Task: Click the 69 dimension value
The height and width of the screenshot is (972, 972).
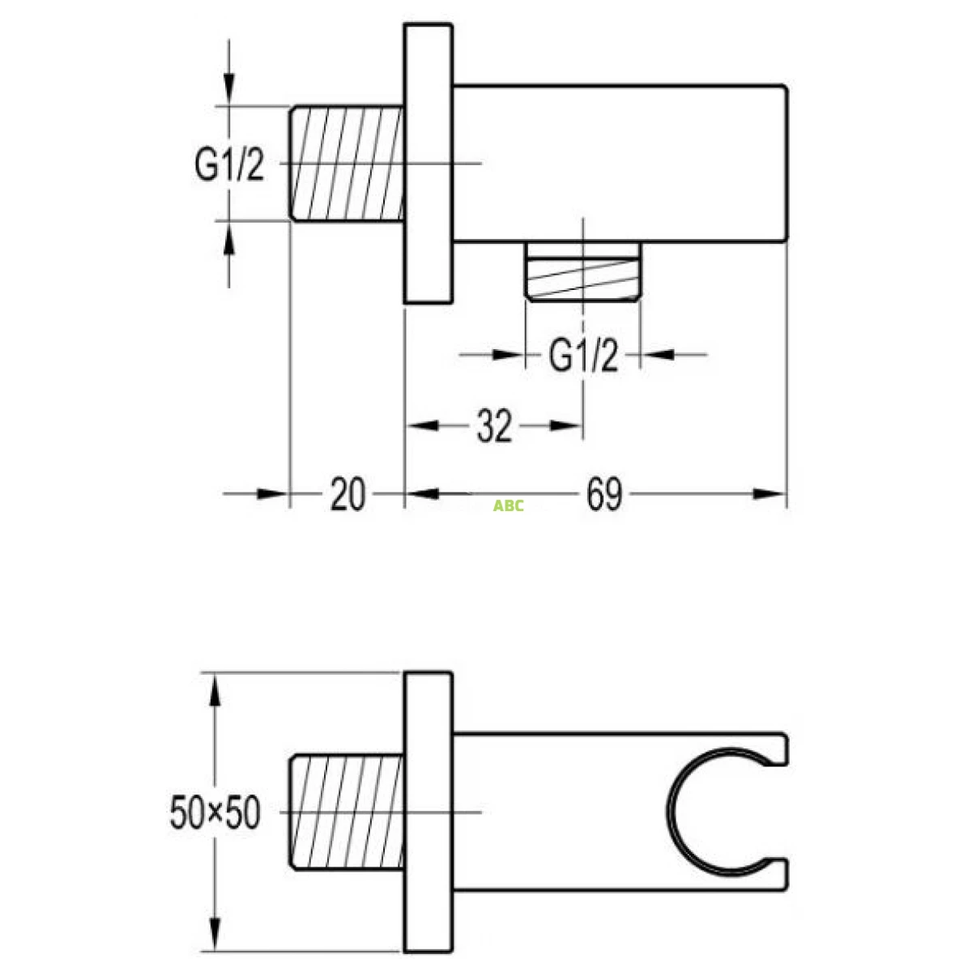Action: [604, 494]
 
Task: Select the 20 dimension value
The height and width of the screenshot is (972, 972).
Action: [347, 494]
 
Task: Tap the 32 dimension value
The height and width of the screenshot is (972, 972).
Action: [494, 426]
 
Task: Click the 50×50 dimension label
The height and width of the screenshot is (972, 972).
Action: [215, 812]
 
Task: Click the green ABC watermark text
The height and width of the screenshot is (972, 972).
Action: [509, 506]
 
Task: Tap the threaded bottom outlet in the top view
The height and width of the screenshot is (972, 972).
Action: [583, 271]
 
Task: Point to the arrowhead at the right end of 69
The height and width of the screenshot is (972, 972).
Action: [769, 493]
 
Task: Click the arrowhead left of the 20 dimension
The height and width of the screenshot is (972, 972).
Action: [272, 493]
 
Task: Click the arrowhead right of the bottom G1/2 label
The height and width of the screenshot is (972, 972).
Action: [659, 354]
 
